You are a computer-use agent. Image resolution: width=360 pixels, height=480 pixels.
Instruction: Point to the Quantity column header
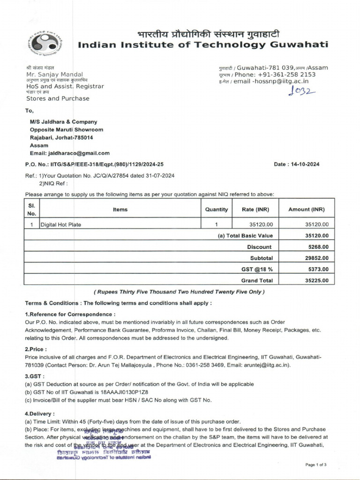pos(217,210)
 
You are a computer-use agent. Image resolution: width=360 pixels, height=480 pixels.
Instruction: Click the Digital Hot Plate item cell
pos(60,225)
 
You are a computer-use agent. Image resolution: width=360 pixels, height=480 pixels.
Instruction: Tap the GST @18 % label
pos(257,270)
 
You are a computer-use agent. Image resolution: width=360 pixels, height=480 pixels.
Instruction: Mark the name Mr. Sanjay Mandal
pos(54,75)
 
